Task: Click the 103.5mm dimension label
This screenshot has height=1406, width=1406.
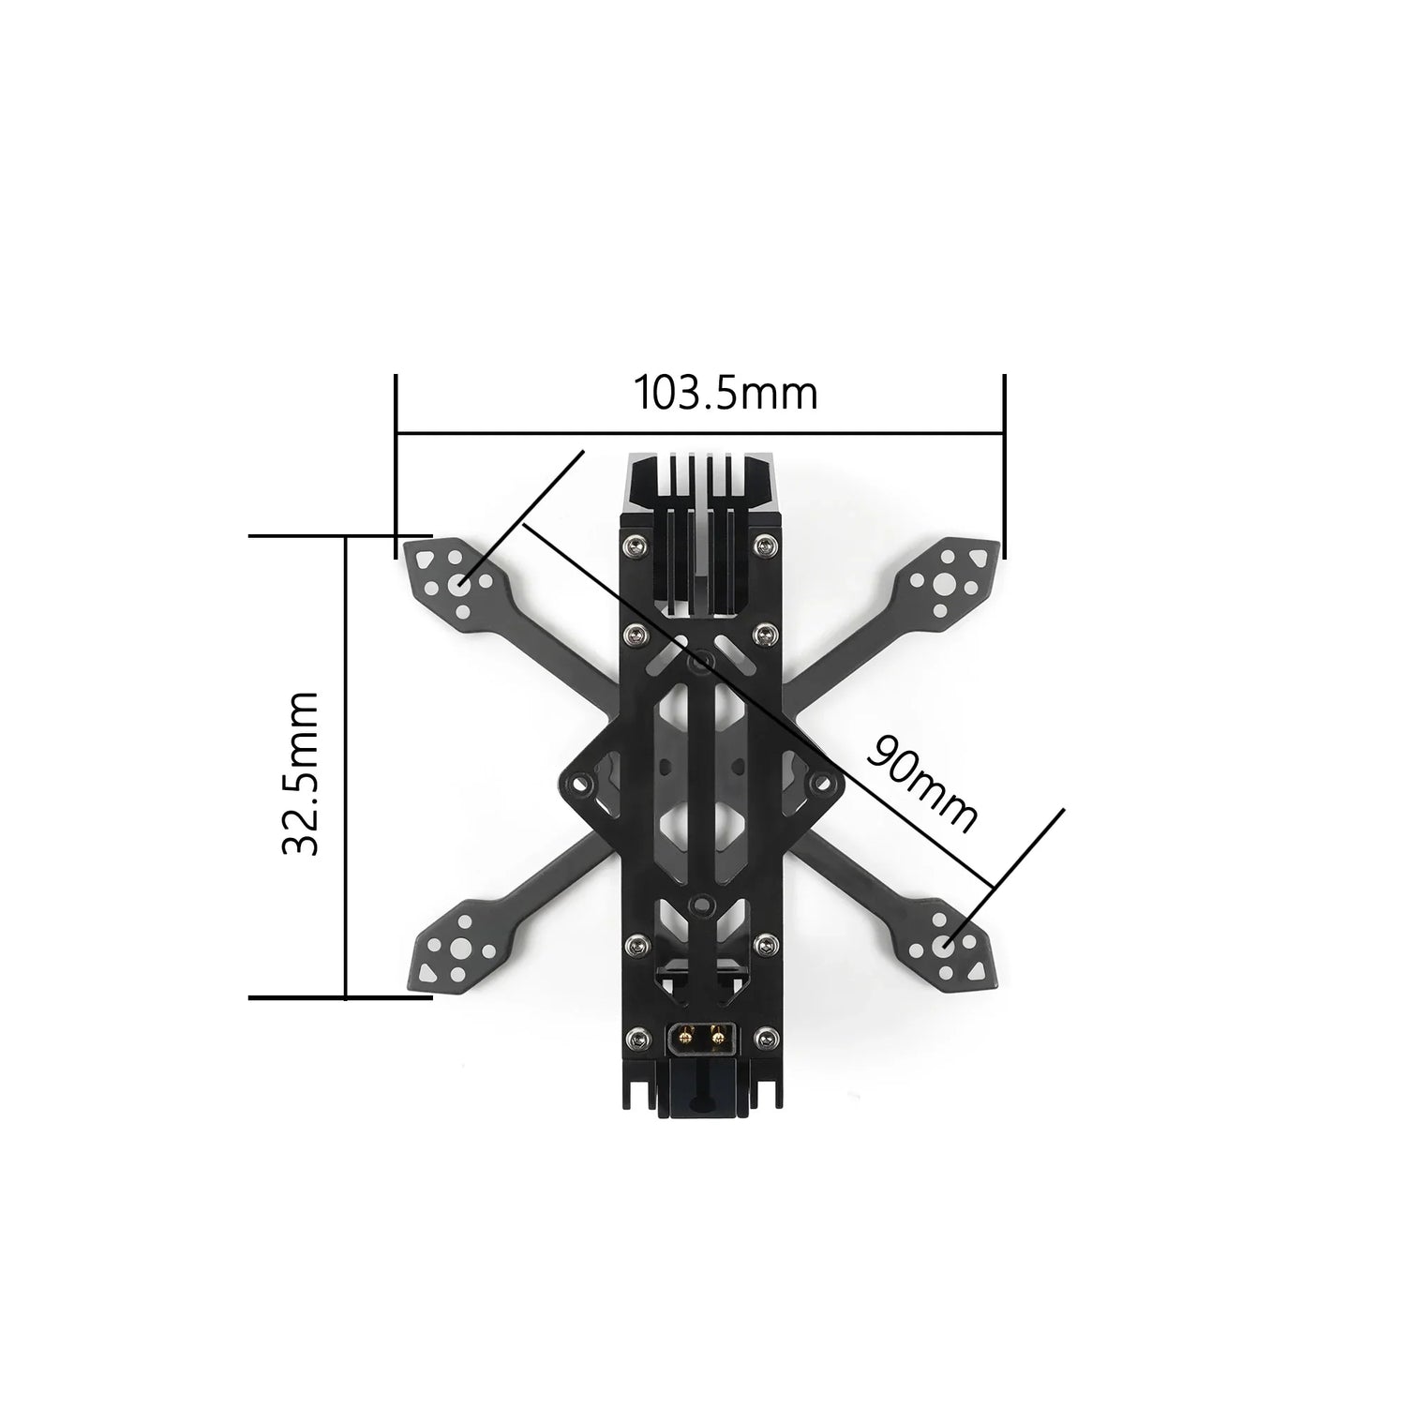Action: point(726,394)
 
